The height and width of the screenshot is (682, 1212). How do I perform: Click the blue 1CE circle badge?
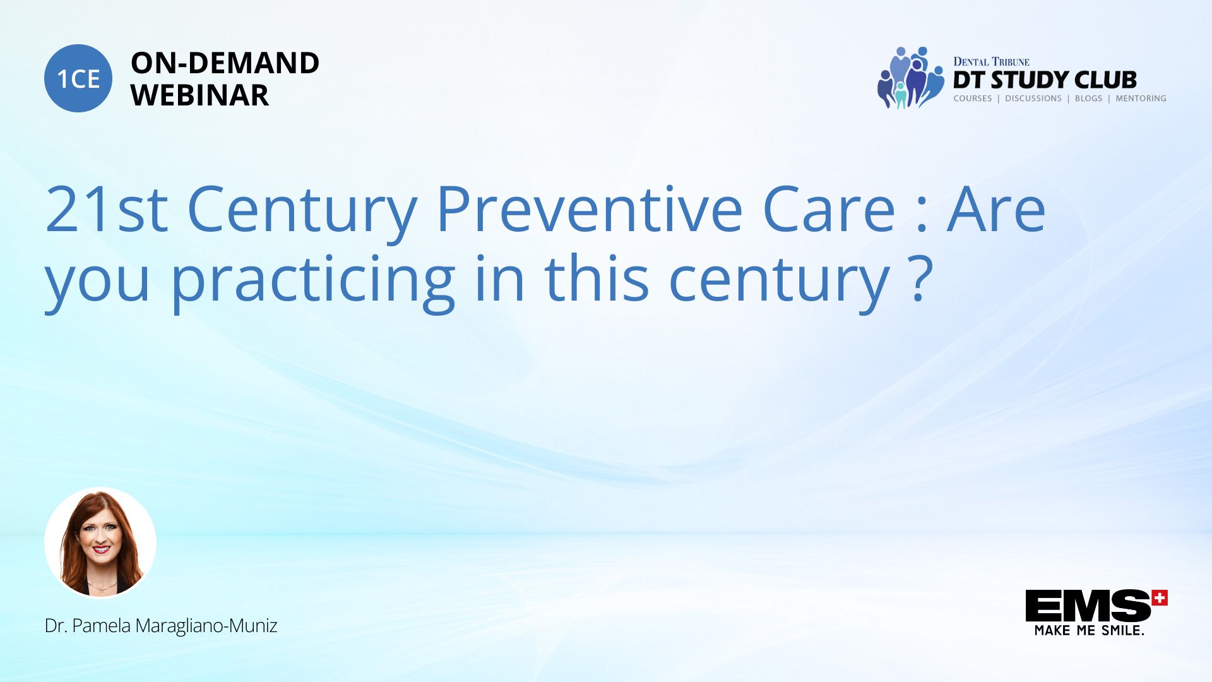coord(78,78)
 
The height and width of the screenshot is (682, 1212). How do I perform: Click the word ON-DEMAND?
coord(225,63)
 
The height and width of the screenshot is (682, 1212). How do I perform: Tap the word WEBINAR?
coord(199,95)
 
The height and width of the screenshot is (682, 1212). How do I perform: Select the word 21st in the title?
coord(107,209)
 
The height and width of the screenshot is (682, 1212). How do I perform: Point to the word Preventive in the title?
coord(589,209)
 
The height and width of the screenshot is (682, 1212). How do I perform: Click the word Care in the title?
coord(829,209)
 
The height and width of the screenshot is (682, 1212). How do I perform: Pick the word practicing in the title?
coord(313,280)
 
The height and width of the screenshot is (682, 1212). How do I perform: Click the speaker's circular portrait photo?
coord(100,542)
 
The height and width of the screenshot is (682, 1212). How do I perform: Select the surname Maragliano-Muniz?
coord(206,626)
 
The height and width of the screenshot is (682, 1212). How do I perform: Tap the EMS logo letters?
coord(1087,606)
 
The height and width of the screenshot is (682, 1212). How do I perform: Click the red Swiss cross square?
coord(1160,597)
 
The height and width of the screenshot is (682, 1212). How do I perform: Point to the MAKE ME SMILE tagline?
coord(1089,630)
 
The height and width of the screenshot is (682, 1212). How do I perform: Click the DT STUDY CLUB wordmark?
coord(1045,80)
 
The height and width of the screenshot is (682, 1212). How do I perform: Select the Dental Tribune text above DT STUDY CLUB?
coord(991,61)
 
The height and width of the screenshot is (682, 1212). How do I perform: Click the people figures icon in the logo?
coord(910,78)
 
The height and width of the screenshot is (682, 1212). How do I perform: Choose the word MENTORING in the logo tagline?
coord(1141,99)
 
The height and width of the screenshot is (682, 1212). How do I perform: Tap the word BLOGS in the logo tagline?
coord(1088,99)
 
